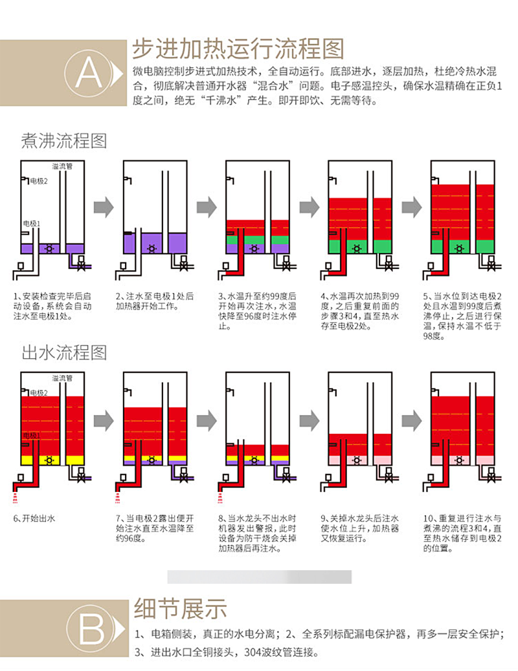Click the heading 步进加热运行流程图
click(x=238, y=48)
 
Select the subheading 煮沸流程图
click(x=64, y=140)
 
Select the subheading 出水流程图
click(x=64, y=353)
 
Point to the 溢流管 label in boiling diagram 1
click(x=62, y=166)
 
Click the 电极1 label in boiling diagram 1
click(x=32, y=223)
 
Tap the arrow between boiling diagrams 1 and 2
click(x=104, y=207)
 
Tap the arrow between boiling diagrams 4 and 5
click(x=411, y=207)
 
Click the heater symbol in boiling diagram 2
click(x=151, y=248)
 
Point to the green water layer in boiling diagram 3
click(x=248, y=240)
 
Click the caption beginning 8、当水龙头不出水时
click(x=259, y=534)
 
